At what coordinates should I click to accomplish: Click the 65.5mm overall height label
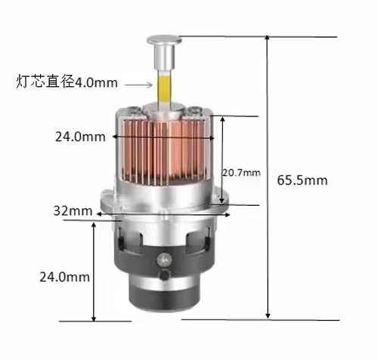(x=302, y=180)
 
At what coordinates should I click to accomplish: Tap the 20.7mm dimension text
(x=240, y=173)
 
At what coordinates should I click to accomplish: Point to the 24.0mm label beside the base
(x=64, y=277)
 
